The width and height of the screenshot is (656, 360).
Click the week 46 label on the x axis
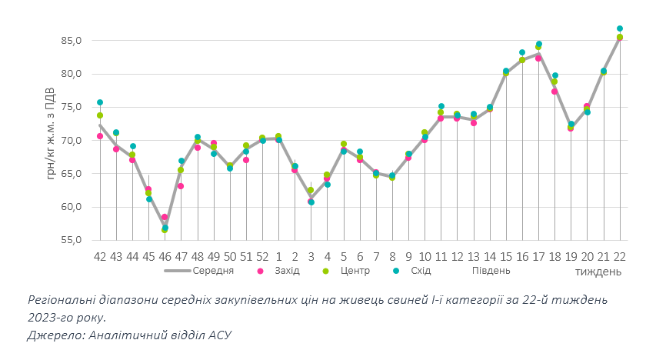pyautogui.click(x=165, y=255)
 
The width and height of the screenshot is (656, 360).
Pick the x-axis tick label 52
pyautogui.click(x=262, y=255)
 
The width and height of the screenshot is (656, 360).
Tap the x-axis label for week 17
pyautogui.click(x=538, y=255)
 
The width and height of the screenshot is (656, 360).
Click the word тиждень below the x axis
pyautogui.click(x=598, y=272)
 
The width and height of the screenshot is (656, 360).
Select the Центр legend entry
pyautogui.click(x=355, y=271)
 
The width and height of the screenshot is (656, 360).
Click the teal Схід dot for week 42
pyautogui.click(x=100, y=102)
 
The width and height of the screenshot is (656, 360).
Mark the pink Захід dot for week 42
pyautogui.click(x=100, y=136)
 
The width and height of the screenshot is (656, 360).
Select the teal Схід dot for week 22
pyautogui.click(x=620, y=28)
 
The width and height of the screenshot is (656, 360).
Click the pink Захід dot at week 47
pyautogui.click(x=181, y=186)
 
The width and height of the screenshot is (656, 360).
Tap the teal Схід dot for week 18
pyautogui.click(x=554, y=75)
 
